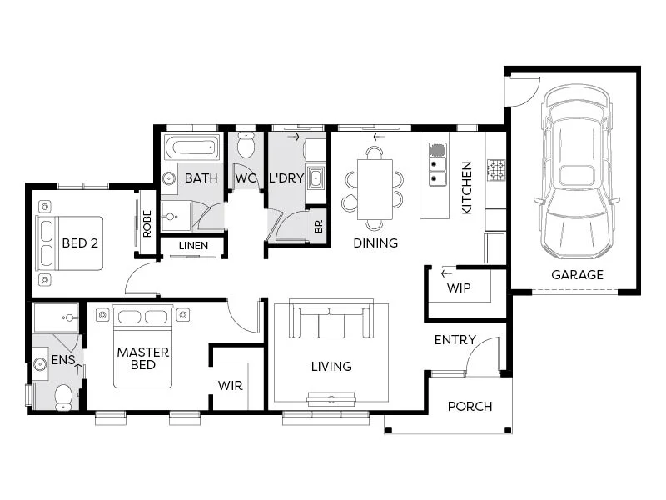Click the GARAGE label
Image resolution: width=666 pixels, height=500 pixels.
point(577,274)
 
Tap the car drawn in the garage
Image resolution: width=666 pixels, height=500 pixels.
point(577,175)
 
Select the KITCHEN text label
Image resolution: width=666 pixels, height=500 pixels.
point(467,188)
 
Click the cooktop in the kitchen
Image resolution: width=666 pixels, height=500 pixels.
point(496,170)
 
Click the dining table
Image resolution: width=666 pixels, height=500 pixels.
point(375,189)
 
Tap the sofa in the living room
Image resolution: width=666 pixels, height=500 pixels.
point(331,322)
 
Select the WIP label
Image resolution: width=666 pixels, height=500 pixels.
point(459,287)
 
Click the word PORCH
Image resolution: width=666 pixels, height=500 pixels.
point(470,407)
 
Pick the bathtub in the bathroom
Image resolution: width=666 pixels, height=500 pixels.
point(191,148)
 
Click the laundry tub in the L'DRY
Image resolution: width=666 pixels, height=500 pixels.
point(316,177)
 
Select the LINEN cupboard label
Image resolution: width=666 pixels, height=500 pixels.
point(193,246)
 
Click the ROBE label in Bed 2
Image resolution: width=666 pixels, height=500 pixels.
point(147,222)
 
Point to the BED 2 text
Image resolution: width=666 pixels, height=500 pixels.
point(79,244)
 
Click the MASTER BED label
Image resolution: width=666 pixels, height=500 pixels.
point(142,358)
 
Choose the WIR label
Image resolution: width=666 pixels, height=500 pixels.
point(231,386)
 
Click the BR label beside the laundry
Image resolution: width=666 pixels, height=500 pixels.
point(318,226)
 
